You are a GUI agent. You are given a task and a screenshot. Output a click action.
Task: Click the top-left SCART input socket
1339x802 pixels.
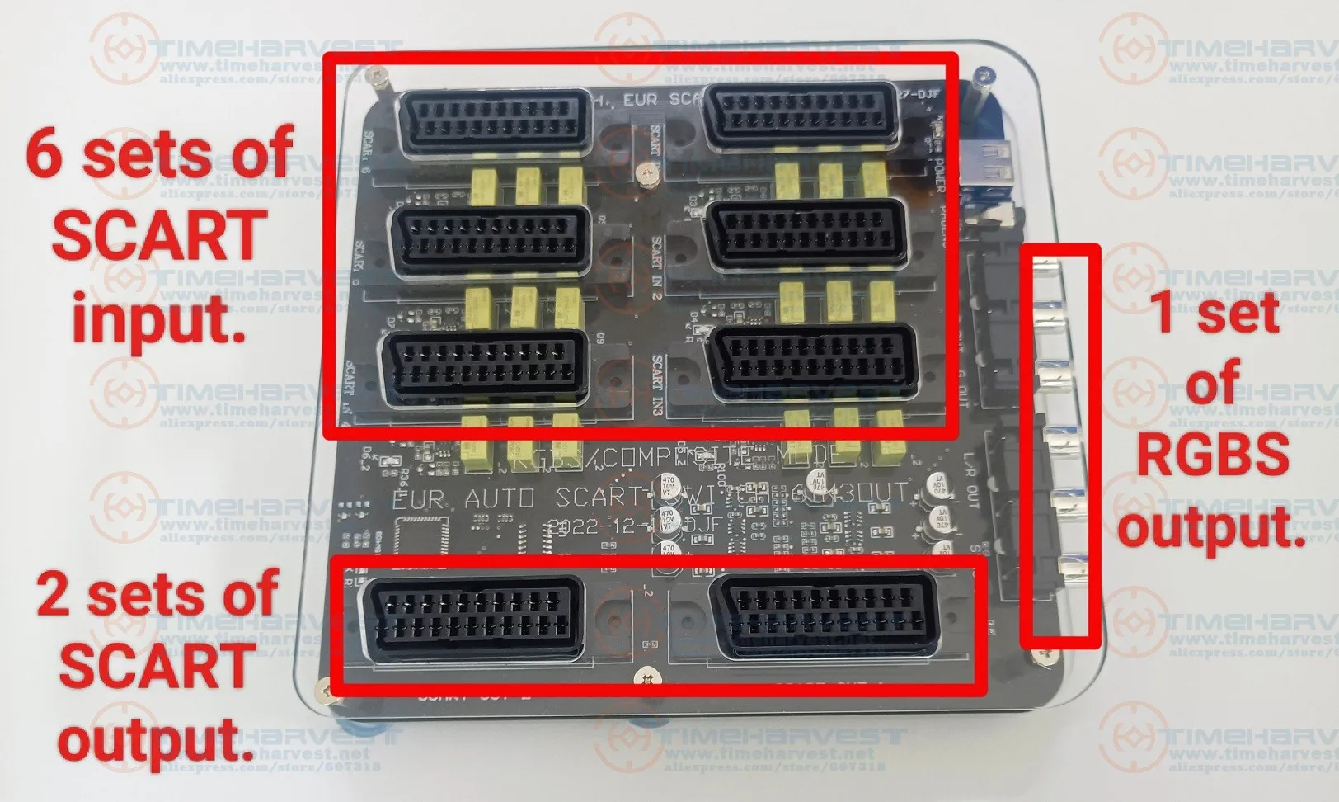tap(495, 123)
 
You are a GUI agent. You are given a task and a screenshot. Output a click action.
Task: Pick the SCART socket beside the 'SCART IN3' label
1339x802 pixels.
tap(813, 358)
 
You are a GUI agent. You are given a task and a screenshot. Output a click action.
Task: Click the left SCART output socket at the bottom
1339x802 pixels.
tap(473, 619)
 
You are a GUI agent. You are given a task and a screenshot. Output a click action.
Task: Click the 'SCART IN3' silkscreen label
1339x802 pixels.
tap(657, 384)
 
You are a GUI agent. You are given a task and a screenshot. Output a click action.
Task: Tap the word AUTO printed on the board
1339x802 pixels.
tap(500, 498)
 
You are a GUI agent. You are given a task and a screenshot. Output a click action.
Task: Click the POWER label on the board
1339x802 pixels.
tap(939, 174)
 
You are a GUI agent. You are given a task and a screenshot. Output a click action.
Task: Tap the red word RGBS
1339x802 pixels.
tap(1212, 454)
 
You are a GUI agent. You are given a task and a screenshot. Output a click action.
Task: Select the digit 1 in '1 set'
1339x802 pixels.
tap(1163, 313)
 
